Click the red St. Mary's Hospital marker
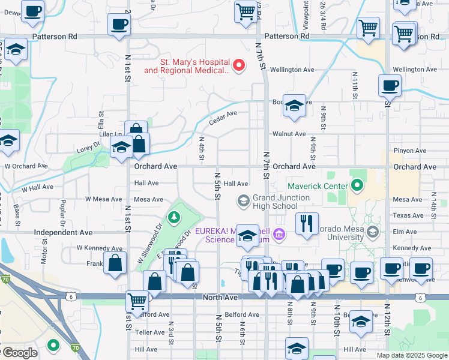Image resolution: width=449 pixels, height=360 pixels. click(240, 65)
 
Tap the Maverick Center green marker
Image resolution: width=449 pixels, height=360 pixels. click(358, 185)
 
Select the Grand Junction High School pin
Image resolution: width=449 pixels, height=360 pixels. click(244, 200)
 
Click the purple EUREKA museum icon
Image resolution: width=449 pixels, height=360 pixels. click(279, 233)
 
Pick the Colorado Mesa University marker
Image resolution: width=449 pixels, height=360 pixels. click(373, 232)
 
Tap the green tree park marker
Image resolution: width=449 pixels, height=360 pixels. click(175, 217)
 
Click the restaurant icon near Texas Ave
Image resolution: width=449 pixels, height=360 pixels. click(307, 224)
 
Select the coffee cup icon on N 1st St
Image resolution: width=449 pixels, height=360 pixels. click(119, 25)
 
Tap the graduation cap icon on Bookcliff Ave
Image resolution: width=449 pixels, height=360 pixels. click(294, 106)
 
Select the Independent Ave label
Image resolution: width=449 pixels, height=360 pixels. click(64, 232)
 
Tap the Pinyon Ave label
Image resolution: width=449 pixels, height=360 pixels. click(409, 151)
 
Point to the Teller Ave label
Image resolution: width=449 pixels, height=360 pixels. click(150, 332)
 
